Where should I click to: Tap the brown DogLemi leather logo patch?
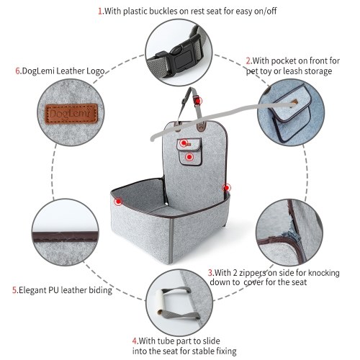(71, 114)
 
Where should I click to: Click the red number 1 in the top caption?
(100, 12)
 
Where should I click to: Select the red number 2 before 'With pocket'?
(248, 61)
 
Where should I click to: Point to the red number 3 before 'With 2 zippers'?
(210, 273)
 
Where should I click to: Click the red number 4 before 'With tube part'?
(135, 341)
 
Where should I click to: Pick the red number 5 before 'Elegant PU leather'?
(14, 290)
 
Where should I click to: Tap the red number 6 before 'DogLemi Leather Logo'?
(18, 71)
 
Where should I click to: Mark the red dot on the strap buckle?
(198, 101)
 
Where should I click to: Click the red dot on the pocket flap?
(184, 143)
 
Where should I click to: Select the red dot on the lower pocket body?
(189, 157)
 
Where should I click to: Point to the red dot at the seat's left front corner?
(118, 202)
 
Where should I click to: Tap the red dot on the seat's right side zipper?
(227, 188)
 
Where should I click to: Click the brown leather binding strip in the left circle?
(66, 236)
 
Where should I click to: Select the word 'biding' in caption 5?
(101, 290)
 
